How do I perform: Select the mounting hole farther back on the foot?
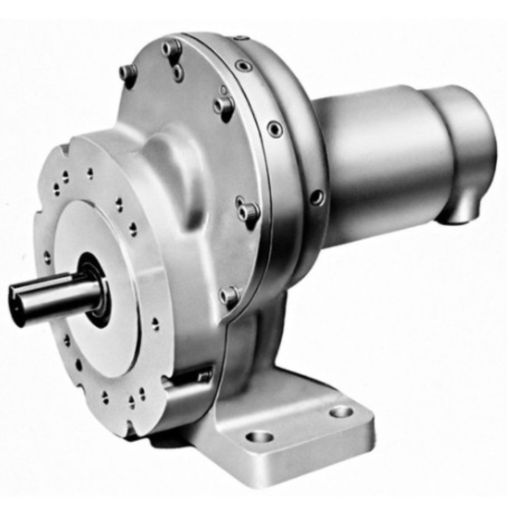click(341, 412)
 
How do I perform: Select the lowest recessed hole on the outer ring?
click(316, 197)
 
